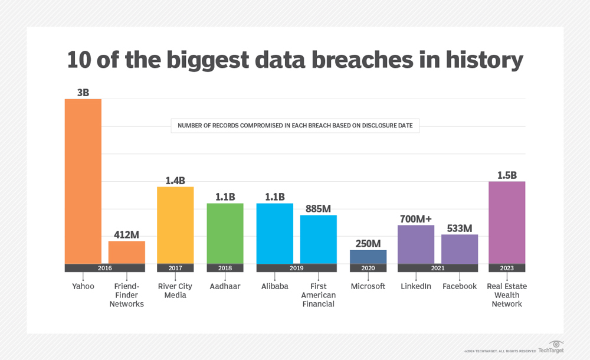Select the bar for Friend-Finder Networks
(126, 253)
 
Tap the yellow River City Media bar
(175, 225)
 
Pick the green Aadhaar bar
(225, 233)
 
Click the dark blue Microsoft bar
(368, 257)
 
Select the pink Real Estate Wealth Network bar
(507, 222)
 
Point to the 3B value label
(83, 92)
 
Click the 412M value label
(126, 234)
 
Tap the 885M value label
(319, 208)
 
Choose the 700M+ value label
(416, 218)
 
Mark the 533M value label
(460, 228)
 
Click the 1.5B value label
(507, 175)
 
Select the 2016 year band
(104, 268)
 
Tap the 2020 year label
(368, 268)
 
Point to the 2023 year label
(507, 268)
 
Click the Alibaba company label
(275, 286)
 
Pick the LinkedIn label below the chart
(416, 286)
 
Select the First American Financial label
(319, 295)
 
